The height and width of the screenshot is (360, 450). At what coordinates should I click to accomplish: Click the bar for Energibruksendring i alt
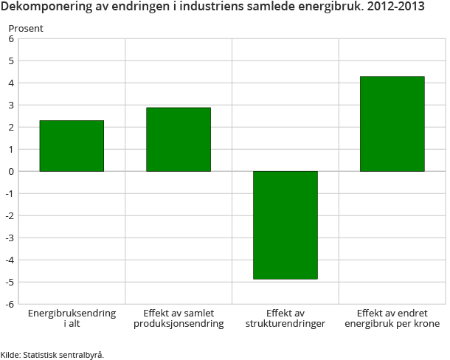coord(72,146)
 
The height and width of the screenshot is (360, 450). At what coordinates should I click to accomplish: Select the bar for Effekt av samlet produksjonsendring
coord(179,139)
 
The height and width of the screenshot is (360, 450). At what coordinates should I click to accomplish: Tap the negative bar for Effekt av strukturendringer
coord(285,225)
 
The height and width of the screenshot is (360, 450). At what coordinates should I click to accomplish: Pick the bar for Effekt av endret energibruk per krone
coord(392,124)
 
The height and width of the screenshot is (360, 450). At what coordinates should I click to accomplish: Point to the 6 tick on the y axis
coord(11,39)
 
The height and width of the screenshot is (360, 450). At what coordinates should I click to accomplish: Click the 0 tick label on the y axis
coord(11,172)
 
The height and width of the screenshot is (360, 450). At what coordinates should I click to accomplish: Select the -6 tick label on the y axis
coord(10,304)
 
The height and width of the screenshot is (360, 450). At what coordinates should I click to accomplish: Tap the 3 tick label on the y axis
coord(11,105)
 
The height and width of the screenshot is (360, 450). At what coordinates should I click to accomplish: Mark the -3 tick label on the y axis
coord(10,238)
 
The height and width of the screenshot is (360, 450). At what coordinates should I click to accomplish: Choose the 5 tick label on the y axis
coord(11,61)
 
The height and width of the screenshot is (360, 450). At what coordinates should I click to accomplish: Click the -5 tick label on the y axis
coord(10,282)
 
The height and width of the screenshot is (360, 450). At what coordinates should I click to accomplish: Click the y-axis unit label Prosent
coord(26,28)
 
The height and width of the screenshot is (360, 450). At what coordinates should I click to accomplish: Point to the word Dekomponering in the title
coord(46,10)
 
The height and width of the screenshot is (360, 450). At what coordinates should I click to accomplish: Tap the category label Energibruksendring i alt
coord(72,319)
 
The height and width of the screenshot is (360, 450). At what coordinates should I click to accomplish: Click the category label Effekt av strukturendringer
coord(285,319)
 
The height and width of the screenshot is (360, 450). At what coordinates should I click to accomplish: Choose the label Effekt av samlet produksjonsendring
coord(179,319)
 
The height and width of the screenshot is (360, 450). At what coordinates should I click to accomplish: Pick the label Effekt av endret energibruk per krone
coord(392,319)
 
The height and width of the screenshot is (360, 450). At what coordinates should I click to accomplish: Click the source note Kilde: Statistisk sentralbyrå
coord(52,355)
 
